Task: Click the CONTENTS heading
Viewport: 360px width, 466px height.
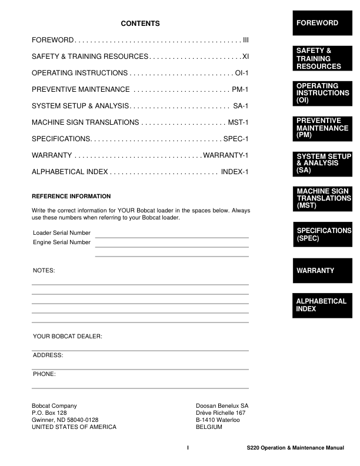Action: pyautogui.click(x=140, y=24)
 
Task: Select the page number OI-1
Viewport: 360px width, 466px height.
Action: pyautogui.click(x=242, y=73)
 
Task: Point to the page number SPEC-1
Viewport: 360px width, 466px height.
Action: pyautogui.click(x=236, y=139)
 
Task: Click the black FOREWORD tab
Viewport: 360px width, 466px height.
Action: pyautogui.click(x=322, y=23)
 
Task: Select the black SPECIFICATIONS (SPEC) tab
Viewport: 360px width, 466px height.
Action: pyautogui.click(x=322, y=235)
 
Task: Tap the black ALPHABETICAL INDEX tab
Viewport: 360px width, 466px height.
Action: pyautogui.click(x=322, y=305)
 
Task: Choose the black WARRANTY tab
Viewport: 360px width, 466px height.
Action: pyautogui.click(x=322, y=271)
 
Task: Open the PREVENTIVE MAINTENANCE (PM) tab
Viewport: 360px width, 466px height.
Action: pyautogui.click(x=322, y=128)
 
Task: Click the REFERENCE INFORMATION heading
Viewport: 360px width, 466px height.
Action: pyautogui.click(x=71, y=196)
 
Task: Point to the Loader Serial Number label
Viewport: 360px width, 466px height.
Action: pyautogui.click(x=62, y=233)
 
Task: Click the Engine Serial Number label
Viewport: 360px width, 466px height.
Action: pyautogui.click(x=62, y=242)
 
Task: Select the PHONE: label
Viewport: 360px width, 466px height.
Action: pyautogui.click(x=44, y=374)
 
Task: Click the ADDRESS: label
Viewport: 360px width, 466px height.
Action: pyautogui.click(x=48, y=355)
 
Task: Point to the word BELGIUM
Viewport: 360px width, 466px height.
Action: pyautogui.click(x=209, y=427)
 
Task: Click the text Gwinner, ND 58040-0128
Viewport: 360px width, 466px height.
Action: pyautogui.click(x=65, y=420)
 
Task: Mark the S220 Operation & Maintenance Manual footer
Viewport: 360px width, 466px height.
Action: pyautogui.click(x=295, y=448)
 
